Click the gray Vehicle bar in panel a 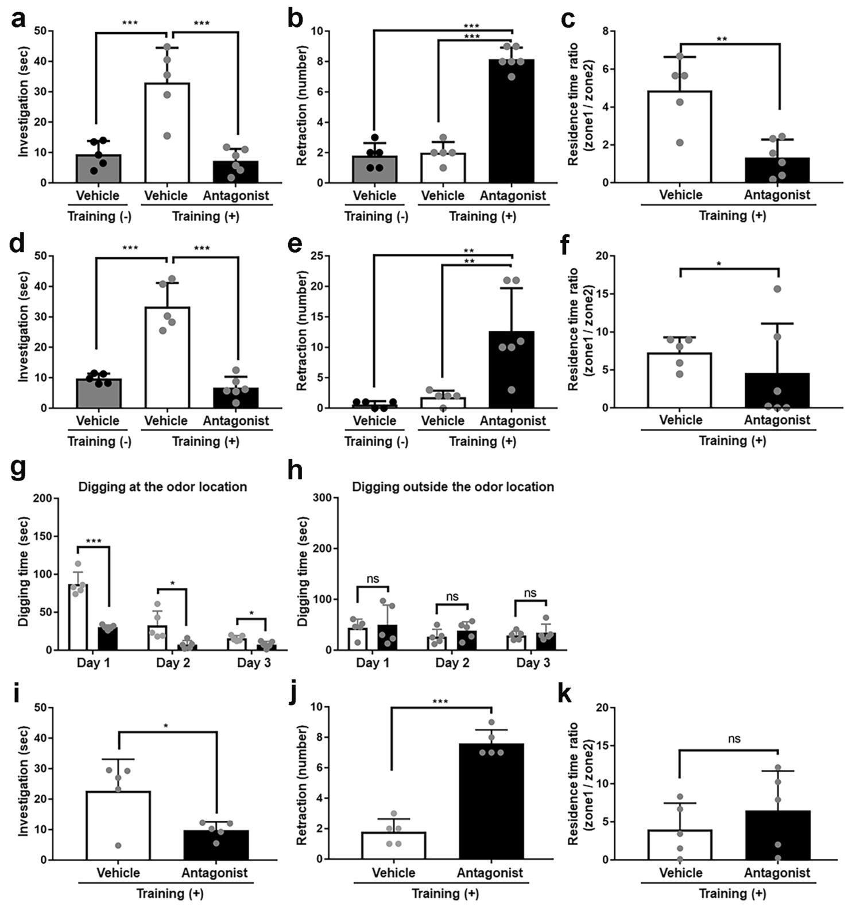tap(98, 169)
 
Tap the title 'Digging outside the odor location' tap(452, 487)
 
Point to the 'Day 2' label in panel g tap(173, 663)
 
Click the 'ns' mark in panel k tap(734, 739)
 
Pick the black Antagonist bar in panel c tap(777, 170)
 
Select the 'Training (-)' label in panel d tap(99, 442)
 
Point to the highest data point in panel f tap(777, 289)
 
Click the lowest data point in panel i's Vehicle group tap(118, 845)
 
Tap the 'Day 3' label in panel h tap(533, 663)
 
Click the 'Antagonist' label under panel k tap(777, 873)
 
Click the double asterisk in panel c tap(722, 40)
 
